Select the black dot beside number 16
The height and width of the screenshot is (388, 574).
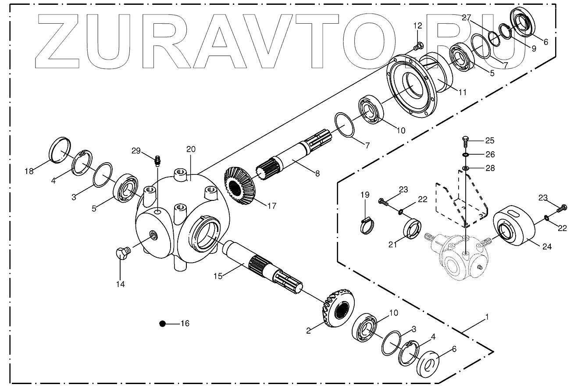click(163, 324)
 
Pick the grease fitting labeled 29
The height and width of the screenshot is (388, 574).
click(158, 160)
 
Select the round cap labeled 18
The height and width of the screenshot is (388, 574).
click(60, 150)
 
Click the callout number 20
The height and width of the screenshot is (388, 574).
click(190, 149)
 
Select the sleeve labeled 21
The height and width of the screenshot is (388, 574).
click(412, 230)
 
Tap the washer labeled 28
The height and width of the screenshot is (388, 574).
click(465, 168)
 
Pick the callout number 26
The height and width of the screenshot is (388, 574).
click(490, 154)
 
